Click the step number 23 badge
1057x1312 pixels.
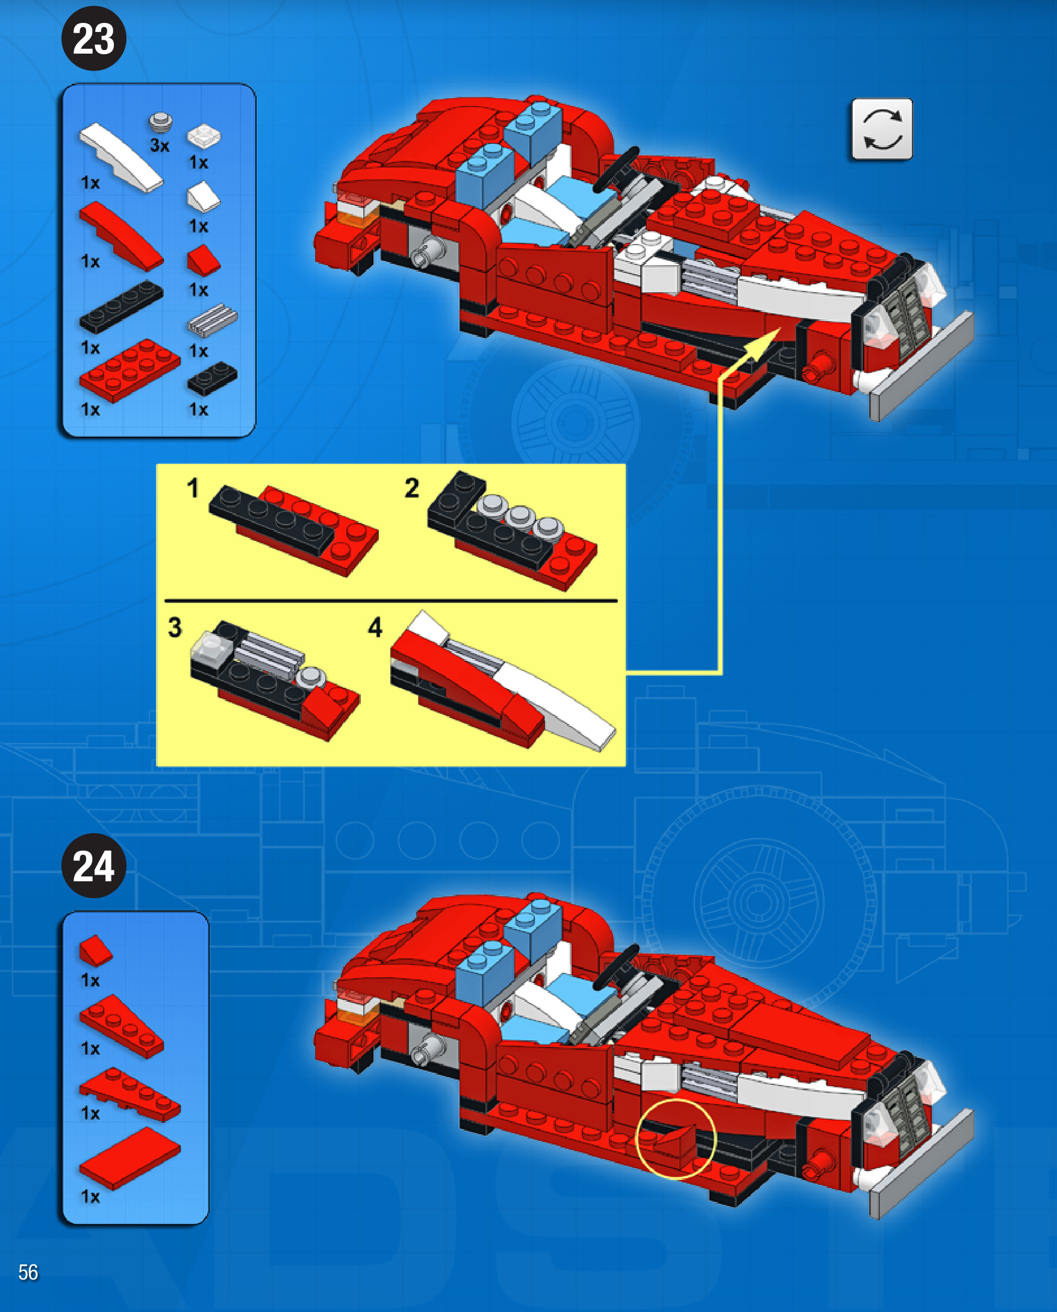point(94,39)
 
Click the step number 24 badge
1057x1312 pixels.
point(94,865)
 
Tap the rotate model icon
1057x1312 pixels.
point(882,129)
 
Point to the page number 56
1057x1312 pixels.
point(28,1272)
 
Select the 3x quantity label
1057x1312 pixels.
point(160,146)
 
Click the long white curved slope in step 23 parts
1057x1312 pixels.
point(121,157)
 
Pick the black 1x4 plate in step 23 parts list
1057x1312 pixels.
point(121,307)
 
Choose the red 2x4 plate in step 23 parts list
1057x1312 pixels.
point(129,370)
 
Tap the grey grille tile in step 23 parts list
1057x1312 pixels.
point(212,321)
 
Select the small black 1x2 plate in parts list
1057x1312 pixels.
point(212,379)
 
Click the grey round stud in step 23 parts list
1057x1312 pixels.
point(161,122)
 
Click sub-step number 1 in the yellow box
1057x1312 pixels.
point(193,489)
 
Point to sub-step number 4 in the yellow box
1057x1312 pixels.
point(375,627)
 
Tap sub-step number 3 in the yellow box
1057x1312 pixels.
point(175,627)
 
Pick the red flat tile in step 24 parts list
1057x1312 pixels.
point(129,1158)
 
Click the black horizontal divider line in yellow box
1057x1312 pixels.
point(391,601)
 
